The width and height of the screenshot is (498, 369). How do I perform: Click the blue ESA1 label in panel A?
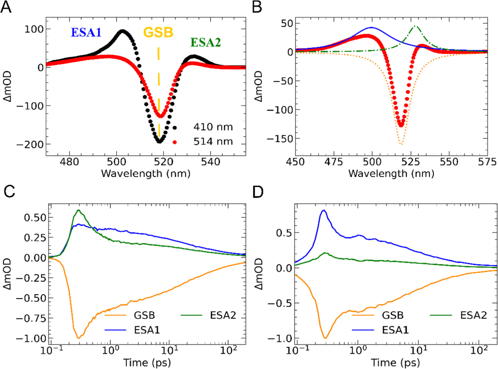click(86, 32)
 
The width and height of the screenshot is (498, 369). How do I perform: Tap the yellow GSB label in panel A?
click(158, 32)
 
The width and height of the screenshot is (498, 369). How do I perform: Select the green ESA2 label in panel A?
click(205, 43)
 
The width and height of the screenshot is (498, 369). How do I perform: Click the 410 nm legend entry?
click(213, 127)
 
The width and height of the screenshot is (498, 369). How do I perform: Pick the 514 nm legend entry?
click(213, 142)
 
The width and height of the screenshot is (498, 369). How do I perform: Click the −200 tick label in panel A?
click(30, 144)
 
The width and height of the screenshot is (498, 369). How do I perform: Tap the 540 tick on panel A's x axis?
click(210, 162)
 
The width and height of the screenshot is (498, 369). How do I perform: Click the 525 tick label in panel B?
click(410, 162)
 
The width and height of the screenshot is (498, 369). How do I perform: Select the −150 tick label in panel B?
click(280, 139)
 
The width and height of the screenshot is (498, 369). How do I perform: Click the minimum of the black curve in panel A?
click(159, 142)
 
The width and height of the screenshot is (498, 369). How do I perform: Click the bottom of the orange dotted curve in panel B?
click(401, 144)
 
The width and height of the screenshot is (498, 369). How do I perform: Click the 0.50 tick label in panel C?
click(35, 218)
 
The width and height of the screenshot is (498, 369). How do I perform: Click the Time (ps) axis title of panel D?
click(395, 363)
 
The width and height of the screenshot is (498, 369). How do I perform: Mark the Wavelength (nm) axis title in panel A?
click(146, 173)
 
